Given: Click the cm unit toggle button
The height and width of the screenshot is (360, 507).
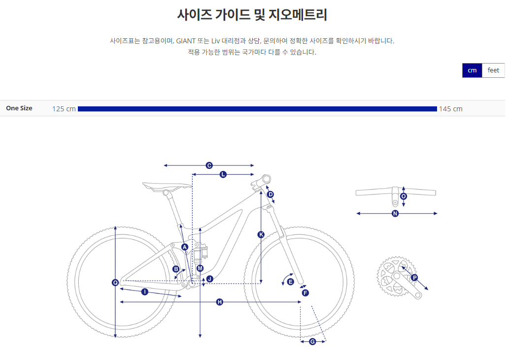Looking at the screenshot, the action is tap(472, 70).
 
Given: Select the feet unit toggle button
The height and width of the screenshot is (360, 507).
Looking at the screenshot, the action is tap(493, 70).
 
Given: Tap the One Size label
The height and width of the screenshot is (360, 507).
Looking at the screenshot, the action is tap(19, 108).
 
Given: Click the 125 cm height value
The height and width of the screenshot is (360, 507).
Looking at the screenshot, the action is tap(64, 109).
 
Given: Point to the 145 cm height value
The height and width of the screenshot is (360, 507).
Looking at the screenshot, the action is tap(451, 109).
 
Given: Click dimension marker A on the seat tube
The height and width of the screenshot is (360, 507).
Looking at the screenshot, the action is tap(185, 247).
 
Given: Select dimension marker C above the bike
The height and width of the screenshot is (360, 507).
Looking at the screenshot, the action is tap(209, 165).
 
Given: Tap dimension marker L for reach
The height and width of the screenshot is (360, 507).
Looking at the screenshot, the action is tap(223, 174).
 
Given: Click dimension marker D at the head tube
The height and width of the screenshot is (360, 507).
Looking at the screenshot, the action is tap(270, 195).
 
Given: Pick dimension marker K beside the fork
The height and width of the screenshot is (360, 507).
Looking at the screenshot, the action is tap(261, 234).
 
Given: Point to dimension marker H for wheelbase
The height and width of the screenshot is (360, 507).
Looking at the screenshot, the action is tap(220, 302).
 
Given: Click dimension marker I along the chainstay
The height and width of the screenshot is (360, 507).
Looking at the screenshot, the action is tap(144, 292).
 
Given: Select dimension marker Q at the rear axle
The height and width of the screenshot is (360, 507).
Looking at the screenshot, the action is tap(115, 283).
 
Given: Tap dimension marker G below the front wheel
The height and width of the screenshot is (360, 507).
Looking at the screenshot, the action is tap(312, 342).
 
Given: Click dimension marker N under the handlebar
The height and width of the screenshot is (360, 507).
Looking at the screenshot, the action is tap(395, 214).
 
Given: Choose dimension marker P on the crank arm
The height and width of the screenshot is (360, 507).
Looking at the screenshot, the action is tap(414, 278).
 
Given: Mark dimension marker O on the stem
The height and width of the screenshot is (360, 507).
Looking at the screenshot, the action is tap(404, 196).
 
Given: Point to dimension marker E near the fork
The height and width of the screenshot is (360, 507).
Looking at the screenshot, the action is tap(290, 282).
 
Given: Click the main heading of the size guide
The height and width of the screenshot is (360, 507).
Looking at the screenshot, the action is tap(252, 15).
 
